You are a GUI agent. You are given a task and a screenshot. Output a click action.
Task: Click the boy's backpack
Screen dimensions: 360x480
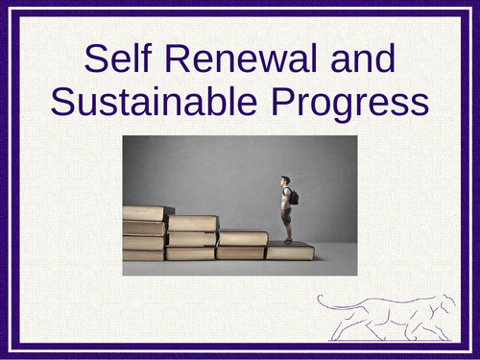pyautogui.click(x=293, y=197)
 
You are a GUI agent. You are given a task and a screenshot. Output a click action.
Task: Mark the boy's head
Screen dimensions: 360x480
pyautogui.click(x=284, y=180)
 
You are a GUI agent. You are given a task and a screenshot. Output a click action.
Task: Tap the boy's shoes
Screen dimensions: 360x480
pyautogui.click(x=287, y=240)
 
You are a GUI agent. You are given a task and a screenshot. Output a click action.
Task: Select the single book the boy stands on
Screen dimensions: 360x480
pyautogui.click(x=290, y=252)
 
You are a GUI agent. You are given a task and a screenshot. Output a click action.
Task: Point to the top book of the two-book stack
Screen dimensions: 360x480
pyautogui.click(x=242, y=238)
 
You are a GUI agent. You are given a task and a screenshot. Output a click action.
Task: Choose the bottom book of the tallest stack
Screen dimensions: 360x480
pyautogui.click(x=144, y=255)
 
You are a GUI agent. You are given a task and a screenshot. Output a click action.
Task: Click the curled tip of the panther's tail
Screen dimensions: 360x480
pyautogui.click(x=321, y=300)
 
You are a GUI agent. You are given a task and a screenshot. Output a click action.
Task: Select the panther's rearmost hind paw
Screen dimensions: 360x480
pyautogui.click(x=331, y=339)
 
